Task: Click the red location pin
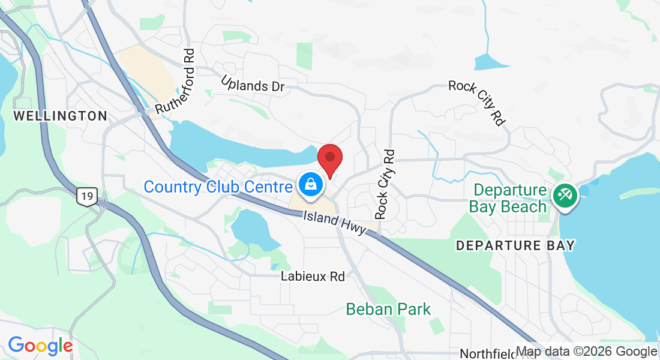click(x=329, y=159)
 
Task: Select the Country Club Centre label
click(x=218, y=187)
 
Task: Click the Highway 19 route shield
click(x=88, y=196)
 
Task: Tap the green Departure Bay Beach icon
click(x=565, y=194)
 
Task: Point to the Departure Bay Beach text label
click(x=509, y=199)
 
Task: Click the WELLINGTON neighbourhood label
click(x=60, y=116)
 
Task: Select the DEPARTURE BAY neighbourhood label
click(x=515, y=245)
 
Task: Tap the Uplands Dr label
click(x=252, y=84)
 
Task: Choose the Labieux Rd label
click(x=313, y=277)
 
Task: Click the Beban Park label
click(x=388, y=310)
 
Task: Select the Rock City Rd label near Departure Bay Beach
click(x=476, y=103)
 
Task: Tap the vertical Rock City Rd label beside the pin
click(x=385, y=184)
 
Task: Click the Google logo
click(x=40, y=346)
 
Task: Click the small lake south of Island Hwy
click(x=253, y=229)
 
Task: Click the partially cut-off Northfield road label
click(x=487, y=354)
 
